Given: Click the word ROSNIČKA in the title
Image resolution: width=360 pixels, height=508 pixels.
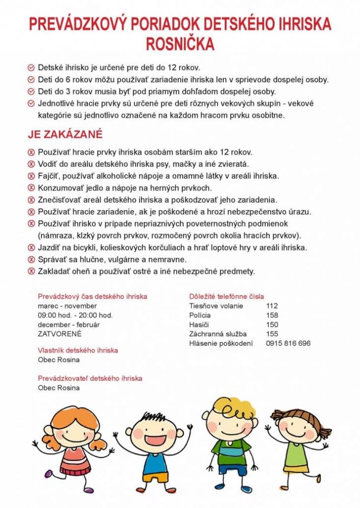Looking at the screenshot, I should coord(180,44).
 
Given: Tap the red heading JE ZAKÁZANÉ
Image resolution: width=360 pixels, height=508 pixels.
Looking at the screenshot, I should coord(65,134).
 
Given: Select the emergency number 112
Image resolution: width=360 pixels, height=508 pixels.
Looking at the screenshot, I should coord(272,306).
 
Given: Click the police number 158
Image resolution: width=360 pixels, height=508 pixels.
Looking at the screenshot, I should coord(272,315).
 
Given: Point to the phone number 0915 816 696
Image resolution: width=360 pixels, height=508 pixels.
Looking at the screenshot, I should coord(288,343).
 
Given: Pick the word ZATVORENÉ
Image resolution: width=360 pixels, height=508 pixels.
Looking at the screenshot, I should coord(60,334).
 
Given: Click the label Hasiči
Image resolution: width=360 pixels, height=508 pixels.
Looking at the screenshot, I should coord(199,324).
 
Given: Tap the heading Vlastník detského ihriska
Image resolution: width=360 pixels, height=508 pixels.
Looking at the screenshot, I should coord(78,350).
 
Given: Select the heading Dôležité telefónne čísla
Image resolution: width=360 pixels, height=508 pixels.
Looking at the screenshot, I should coord(226,296).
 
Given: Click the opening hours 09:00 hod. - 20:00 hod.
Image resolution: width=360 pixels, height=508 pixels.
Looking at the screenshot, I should coord(75,315).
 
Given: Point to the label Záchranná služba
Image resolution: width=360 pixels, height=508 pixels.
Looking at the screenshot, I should coord(217,334).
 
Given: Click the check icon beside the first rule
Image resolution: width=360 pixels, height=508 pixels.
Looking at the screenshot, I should coord(31,67).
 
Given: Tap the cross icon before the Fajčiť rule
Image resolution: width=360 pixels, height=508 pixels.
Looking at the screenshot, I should coord(31,176).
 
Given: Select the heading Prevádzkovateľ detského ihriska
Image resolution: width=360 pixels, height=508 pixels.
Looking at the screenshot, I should coord(90,378).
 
